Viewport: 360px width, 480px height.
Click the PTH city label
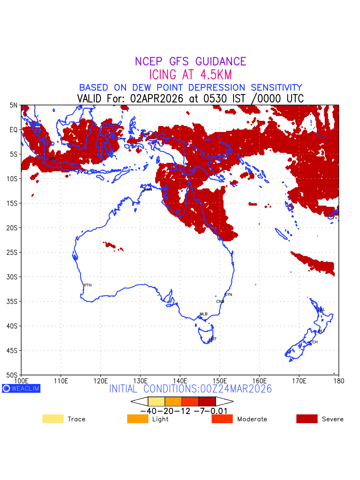88,285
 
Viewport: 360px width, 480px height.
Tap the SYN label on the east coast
228,295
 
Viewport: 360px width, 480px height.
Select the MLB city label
204,314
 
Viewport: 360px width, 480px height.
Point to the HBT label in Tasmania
213,339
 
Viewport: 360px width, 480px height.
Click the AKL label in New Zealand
321,309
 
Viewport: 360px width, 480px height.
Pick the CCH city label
314,342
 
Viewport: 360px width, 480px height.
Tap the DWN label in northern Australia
148,189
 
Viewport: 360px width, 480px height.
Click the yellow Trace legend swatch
53,419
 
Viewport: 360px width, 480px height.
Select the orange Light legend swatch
138,419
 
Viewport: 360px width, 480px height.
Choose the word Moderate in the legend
252,419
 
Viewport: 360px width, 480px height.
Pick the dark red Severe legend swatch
307,419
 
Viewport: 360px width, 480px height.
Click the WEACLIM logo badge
21,388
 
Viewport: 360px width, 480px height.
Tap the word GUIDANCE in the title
220,62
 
